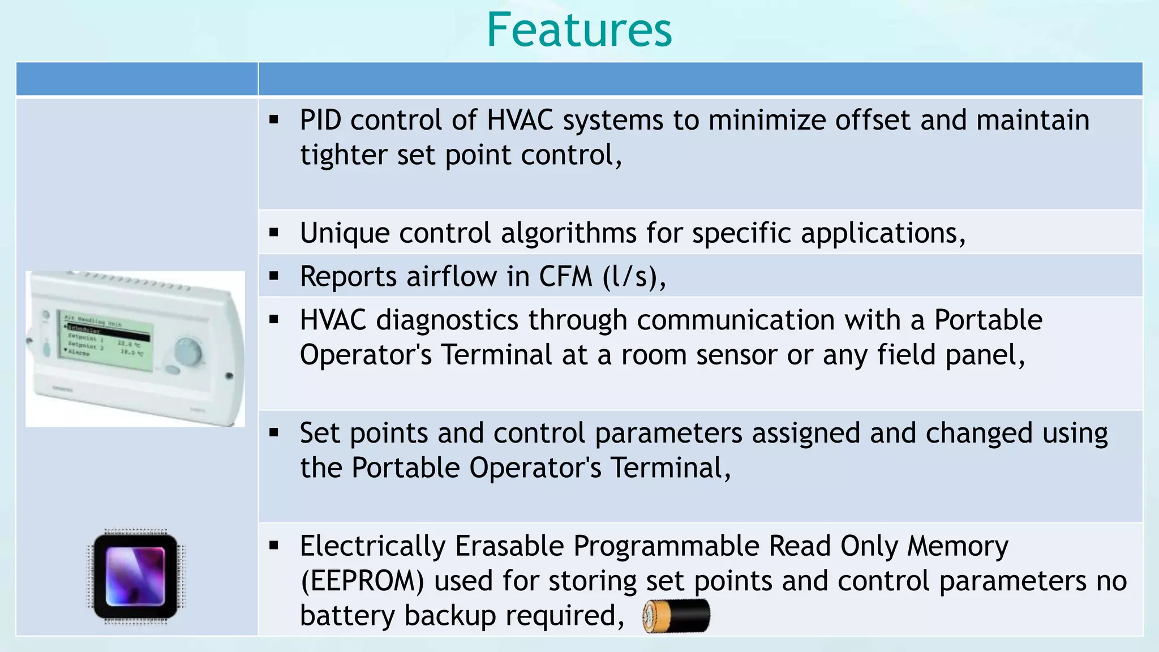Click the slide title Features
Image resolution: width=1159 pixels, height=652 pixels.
click(x=579, y=30)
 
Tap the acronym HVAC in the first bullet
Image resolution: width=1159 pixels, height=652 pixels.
click(x=520, y=120)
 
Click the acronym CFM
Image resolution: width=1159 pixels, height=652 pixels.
click(x=565, y=277)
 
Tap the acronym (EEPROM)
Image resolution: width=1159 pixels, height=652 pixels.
click(x=362, y=581)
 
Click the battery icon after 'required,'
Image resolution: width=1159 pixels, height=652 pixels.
click(x=676, y=616)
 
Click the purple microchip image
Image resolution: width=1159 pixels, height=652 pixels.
click(x=136, y=577)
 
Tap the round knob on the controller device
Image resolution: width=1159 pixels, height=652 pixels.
click(x=187, y=352)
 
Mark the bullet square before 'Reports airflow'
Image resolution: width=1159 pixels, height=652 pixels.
click(x=274, y=277)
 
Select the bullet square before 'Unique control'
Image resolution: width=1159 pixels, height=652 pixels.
click(x=274, y=233)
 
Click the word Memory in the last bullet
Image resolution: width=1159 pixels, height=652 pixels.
click(x=958, y=546)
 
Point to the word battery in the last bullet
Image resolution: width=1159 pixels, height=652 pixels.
click(x=347, y=616)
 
